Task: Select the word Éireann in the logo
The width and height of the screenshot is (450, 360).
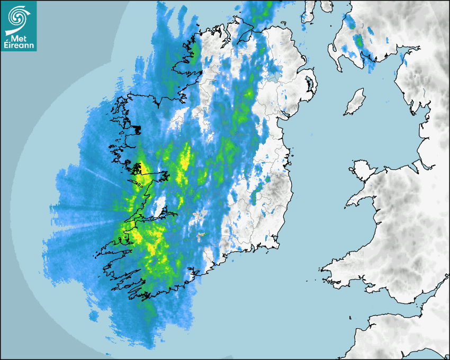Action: point(19,46)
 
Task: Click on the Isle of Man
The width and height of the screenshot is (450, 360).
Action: point(355,102)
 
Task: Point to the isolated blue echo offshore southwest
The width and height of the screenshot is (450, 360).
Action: point(94,316)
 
